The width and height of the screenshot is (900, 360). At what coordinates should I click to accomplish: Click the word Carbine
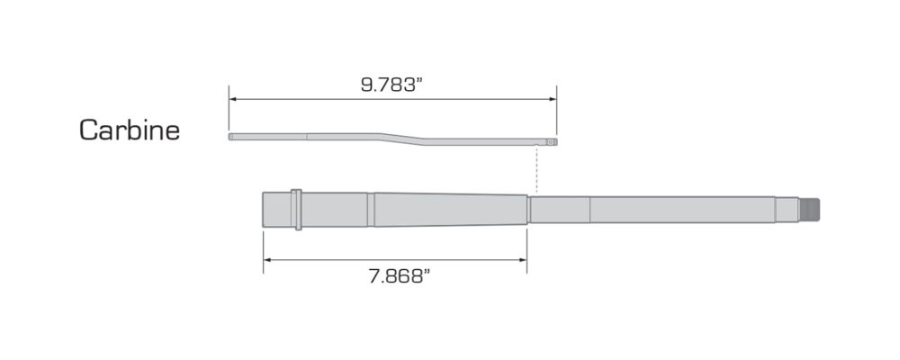coord(130,130)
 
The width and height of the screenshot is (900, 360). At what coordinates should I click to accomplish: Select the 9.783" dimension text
coord(391,85)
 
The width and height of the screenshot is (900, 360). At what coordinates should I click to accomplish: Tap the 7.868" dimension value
coord(395,276)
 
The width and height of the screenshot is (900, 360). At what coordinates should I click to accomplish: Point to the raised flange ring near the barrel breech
coord(298,210)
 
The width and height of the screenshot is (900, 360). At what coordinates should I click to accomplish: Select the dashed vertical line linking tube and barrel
coord(536,171)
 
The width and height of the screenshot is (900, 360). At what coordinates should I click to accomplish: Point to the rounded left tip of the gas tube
coord(231,137)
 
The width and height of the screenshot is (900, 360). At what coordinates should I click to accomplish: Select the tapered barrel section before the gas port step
coord(450,210)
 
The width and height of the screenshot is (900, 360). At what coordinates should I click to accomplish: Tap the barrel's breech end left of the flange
coord(278,210)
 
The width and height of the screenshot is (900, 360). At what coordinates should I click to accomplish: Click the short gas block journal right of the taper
coord(560,210)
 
